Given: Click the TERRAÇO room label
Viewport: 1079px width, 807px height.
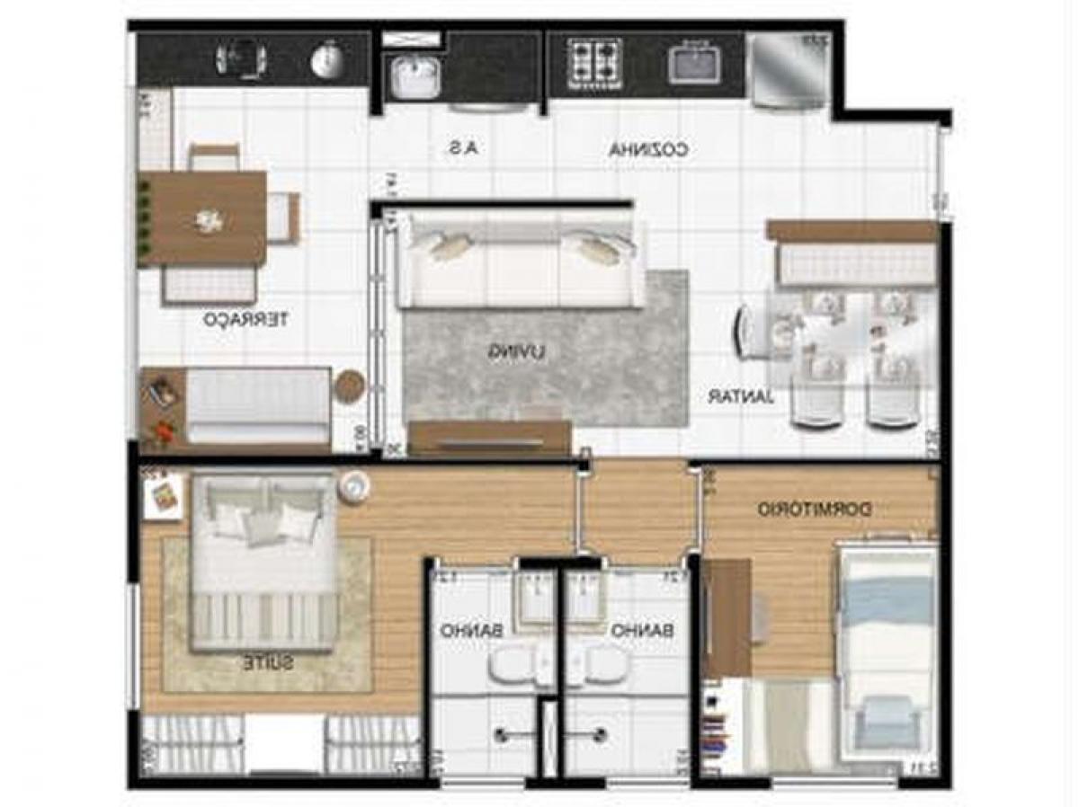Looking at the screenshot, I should pos(245,319).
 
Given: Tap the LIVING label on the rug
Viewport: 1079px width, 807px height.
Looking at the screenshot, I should pos(517,352).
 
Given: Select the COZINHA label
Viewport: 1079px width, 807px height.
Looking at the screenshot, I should pos(648,150).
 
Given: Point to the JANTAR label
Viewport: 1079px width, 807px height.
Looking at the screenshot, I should pos(741,395).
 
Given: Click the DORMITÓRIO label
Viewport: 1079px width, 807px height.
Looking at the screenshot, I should pos(814,510).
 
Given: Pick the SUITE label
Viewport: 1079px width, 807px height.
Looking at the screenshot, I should pos(267,663).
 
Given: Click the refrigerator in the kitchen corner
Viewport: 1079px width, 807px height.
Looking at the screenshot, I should pos(789,69).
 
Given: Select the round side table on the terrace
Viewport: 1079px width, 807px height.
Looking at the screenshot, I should pos(351,386).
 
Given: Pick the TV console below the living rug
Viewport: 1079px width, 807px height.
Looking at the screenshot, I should pos(489,438).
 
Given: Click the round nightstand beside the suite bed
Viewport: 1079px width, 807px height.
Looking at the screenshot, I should pos(354,486).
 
